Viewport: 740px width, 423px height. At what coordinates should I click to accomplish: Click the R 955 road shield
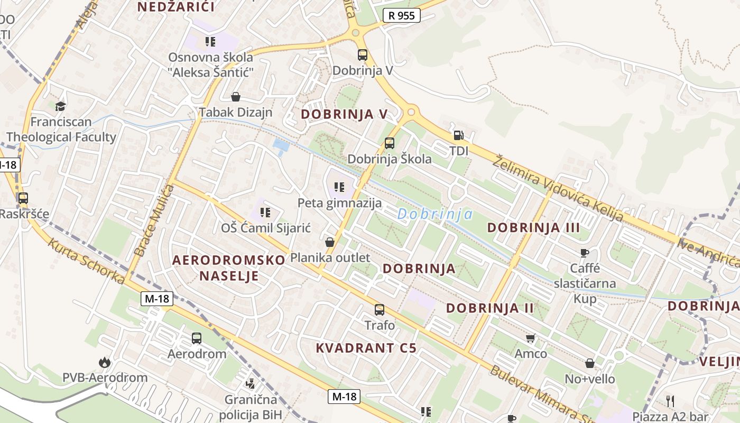(x=402, y=15)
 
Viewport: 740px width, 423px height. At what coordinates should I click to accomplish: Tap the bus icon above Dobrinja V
(x=363, y=54)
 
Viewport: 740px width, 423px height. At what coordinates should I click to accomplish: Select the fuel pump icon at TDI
(x=458, y=135)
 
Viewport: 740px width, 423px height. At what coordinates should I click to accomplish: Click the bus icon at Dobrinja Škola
(x=390, y=143)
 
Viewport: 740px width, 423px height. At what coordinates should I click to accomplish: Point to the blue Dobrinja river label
(x=435, y=214)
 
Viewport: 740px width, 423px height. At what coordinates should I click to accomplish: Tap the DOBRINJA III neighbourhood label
(x=533, y=228)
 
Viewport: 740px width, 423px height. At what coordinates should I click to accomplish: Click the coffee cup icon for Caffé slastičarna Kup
(x=585, y=253)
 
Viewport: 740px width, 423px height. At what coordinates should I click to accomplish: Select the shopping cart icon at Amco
(x=531, y=338)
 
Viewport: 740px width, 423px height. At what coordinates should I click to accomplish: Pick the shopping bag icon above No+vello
(x=590, y=363)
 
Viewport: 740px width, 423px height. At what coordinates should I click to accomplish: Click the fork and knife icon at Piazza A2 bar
(x=670, y=400)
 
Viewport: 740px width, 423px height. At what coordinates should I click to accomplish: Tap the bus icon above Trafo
(x=380, y=310)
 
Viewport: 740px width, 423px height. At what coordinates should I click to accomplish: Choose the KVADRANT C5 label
(x=366, y=348)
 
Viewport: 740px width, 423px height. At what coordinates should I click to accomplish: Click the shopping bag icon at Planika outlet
(x=330, y=242)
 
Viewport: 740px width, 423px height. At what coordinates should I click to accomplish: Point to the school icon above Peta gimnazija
(x=339, y=187)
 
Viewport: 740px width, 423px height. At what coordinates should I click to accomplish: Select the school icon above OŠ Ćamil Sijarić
(x=265, y=213)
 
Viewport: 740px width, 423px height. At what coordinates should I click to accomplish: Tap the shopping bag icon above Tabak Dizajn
(x=236, y=97)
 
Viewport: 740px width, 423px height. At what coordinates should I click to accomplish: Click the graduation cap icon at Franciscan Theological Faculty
(x=60, y=106)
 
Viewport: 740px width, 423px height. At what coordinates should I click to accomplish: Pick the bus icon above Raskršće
(x=23, y=198)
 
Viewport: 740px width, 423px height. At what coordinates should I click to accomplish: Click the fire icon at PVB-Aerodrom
(x=105, y=362)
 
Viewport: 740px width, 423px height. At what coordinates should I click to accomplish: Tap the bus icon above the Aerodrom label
(x=197, y=338)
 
